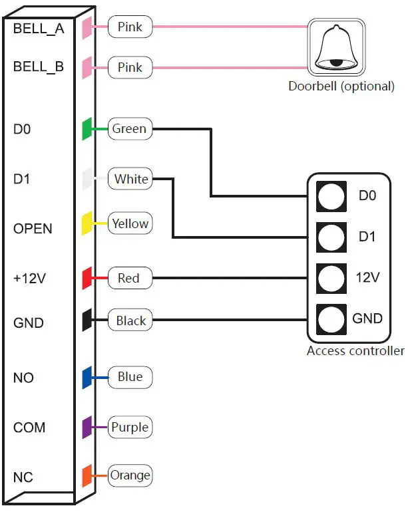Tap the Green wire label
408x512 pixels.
[x=130, y=129]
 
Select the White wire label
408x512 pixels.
[x=130, y=179]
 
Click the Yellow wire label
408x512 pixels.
[x=130, y=223]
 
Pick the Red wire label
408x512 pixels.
[x=129, y=277]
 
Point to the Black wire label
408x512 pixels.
[x=130, y=320]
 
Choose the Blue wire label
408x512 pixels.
[x=130, y=377]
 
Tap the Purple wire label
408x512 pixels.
[x=130, y=427]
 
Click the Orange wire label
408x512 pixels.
[x=130, y=475]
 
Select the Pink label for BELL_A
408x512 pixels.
[x=130, y=27]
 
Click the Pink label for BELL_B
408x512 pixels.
[x=130, y=67]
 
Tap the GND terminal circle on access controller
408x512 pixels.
[x=331, y=319]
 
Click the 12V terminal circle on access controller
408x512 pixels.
[x=331, y=277]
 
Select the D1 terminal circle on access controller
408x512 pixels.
[x=331, y=237]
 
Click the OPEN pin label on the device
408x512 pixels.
[x=33, y=229]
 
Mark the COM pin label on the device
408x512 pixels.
[x=29, y=428]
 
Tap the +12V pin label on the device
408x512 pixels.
[x=29, y=279]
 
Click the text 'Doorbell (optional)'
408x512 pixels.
[x=340, y=86]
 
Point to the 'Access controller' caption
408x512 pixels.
[x=355, y=350]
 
